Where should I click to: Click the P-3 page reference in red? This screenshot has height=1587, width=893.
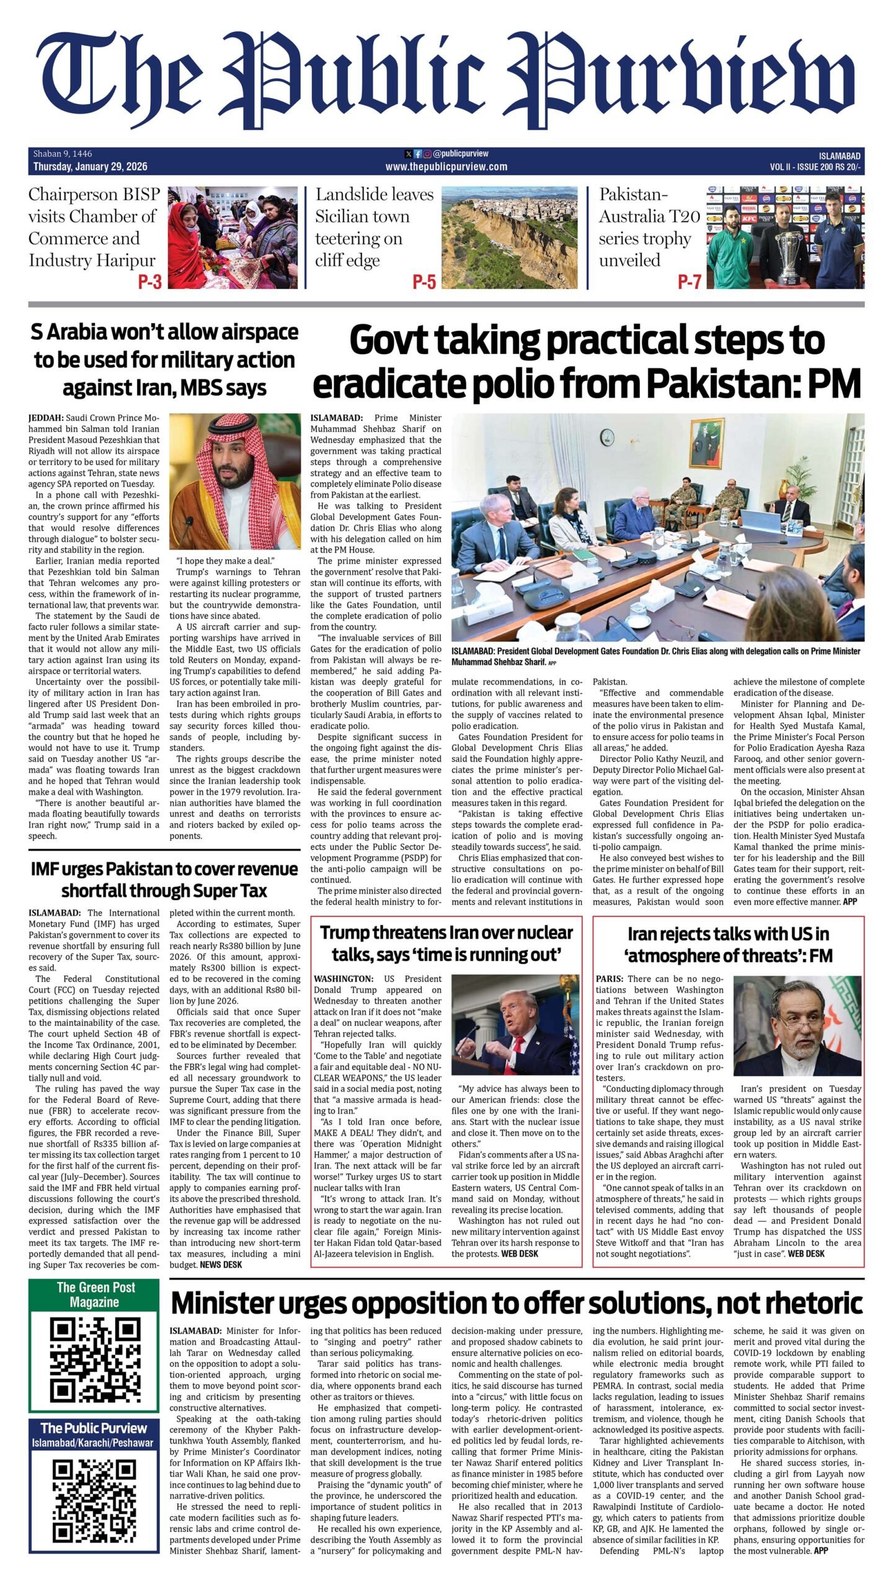coord(149,282)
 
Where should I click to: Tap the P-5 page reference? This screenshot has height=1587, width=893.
coord(424,282)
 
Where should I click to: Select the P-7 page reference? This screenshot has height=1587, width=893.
coord(689,282)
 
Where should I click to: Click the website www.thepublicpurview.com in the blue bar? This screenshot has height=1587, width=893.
coord(446,167)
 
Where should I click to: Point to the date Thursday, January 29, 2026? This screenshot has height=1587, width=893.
coord(90,167)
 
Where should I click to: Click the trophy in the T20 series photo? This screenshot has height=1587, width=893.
coord(794,255)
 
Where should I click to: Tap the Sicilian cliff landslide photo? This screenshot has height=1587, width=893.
coord(509,237)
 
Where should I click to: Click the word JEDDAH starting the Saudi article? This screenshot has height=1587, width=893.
coord(46,418)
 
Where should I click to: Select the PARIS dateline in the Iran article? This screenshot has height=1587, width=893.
coord(609,979)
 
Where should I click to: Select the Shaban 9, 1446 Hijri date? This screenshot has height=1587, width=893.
coord(63,154)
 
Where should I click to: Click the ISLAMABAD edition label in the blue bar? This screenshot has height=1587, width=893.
coord(839,156)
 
